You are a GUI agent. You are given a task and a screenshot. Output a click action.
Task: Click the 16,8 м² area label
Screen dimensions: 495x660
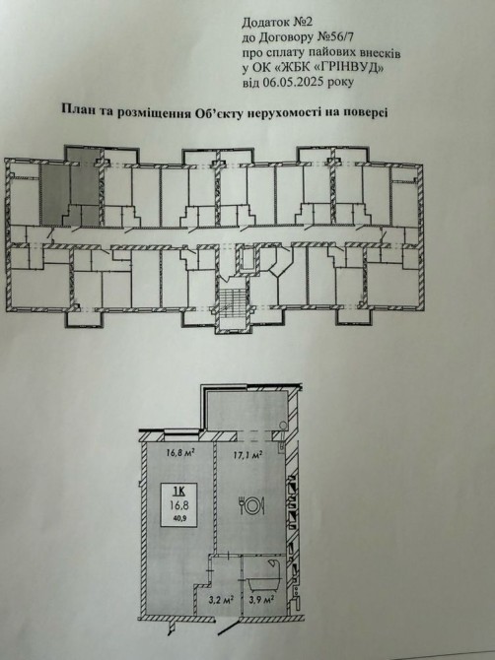(x=179, y=453)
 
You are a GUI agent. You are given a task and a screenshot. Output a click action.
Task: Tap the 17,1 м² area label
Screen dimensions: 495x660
(x=248, y=454)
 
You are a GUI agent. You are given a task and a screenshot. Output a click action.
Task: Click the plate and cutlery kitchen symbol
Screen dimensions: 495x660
(x=251, y=505)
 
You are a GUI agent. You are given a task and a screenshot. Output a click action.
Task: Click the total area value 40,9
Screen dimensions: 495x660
(x=179, y=518)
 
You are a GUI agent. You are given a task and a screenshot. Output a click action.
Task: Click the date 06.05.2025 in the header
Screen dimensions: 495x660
(x=293, y=82)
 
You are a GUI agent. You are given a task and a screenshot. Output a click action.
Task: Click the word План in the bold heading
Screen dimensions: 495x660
(x=76, y=110)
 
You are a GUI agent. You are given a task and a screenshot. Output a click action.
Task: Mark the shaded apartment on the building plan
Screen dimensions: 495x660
(x=72, y=187)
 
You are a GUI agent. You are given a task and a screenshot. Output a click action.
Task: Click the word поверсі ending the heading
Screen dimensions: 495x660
(x=366, y=113)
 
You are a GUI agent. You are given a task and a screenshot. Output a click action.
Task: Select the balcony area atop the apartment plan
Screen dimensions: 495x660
(x=248, y=411)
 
